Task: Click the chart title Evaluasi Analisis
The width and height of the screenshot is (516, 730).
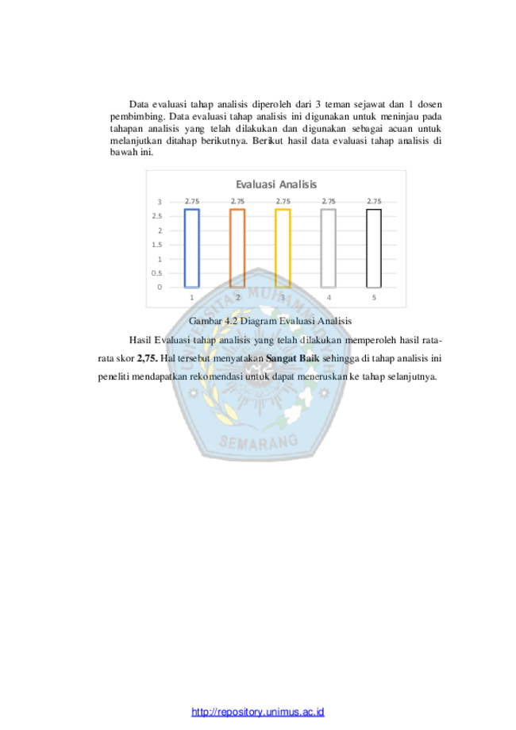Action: point(276,184)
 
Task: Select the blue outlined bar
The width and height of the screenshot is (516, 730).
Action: point(185,248)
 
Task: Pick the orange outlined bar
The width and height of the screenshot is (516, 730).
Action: point(230,248)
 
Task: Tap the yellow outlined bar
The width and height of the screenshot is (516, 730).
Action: point(276,248)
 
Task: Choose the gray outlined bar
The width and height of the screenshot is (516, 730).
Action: point(322,248)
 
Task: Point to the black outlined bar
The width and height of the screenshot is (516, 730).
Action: point(367,248)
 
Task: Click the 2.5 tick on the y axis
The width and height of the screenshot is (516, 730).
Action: point(157,216)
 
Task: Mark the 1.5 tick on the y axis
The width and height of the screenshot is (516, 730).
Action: point(157,245)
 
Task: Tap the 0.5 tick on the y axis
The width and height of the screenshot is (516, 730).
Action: point(157,273)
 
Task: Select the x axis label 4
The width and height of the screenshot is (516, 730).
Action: point(329,298)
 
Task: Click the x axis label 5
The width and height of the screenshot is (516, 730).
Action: point(374,298)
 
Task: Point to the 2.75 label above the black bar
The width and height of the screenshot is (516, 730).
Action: point(374,201)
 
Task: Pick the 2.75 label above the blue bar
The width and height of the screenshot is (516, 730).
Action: point(191,201)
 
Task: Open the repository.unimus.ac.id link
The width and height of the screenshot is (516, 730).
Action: point(258,712)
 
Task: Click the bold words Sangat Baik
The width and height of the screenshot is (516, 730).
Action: point(293,358)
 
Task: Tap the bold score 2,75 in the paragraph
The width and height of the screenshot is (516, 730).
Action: point(148,358)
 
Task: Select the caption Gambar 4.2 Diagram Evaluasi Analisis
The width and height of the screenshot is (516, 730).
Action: point(270,321)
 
